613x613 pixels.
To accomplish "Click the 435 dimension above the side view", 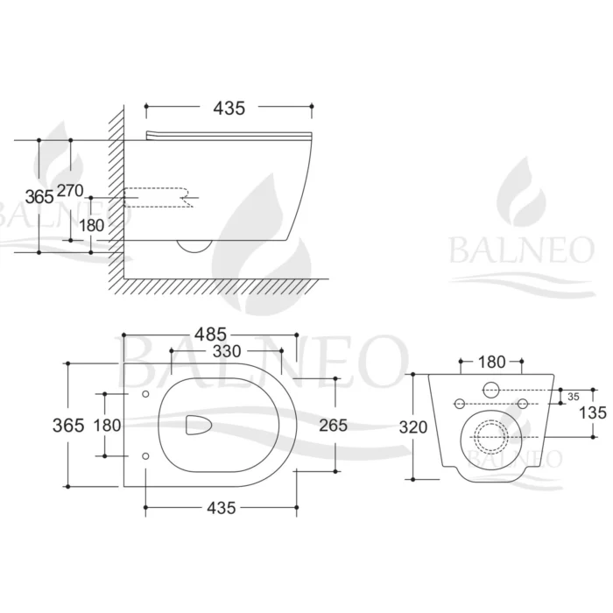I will tap(228, 108).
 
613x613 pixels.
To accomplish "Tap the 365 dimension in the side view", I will tap(39, 196).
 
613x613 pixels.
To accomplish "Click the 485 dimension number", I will tap(210, 334).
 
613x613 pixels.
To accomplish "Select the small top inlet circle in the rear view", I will tap(490, 390).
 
